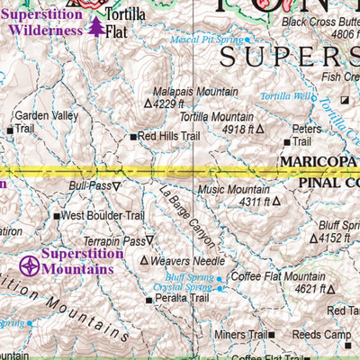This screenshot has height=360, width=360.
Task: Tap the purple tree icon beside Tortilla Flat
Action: [x=95, y=26]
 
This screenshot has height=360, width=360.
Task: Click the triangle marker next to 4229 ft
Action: [x=148, y=104]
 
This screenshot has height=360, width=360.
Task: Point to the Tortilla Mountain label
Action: [x=215, y=116]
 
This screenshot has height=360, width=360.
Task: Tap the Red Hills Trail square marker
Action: [x=132, y=137]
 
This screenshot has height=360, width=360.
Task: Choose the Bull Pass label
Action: [x=89, y=186]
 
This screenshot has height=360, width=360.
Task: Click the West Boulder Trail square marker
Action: [x=57, y=216]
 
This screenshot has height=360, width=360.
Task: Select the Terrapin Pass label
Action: [x=113, y=241]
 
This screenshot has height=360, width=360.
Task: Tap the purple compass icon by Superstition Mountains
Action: [x=30, y=265]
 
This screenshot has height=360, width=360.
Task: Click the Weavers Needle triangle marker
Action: [x=143, y=261]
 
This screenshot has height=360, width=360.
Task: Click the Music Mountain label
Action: [x=233, y=190]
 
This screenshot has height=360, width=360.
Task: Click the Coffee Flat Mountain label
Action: [x=278, y=276]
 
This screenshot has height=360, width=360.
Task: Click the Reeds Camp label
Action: [x=323, y=335]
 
